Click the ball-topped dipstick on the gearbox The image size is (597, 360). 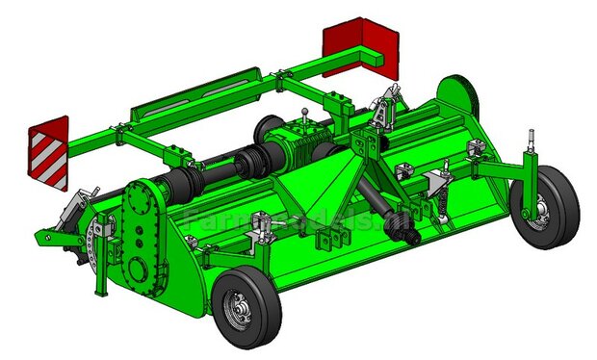tap(305, 114)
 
